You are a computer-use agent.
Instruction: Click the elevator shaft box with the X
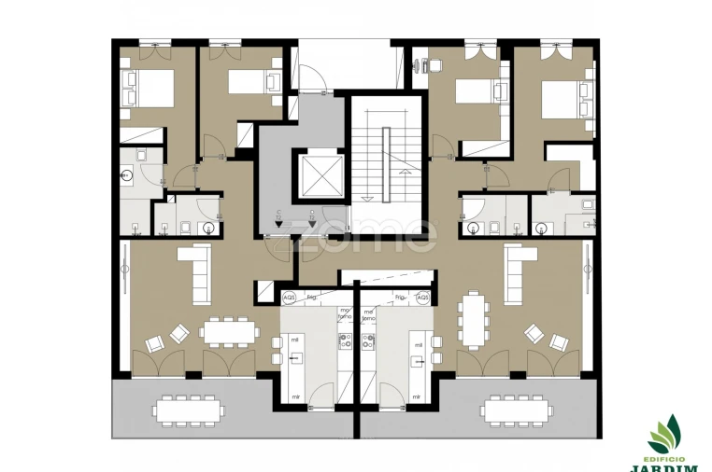pos(318,176)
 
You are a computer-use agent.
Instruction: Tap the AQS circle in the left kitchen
pos(289,298)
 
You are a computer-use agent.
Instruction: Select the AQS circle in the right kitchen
pos(422,298)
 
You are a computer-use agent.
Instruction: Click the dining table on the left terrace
pos(189,410)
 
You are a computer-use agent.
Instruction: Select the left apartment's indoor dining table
pos(228,331)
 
